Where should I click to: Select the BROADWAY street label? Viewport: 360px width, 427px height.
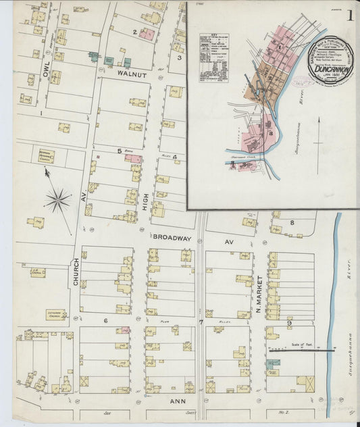172,238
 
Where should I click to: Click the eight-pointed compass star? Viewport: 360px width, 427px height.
58,199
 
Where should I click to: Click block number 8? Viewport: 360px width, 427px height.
292,222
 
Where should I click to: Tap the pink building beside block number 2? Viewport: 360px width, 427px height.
147,34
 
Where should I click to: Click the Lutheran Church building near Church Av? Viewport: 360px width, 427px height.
56,315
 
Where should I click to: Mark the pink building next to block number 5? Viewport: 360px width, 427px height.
133,159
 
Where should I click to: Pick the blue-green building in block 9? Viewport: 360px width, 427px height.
273,363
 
